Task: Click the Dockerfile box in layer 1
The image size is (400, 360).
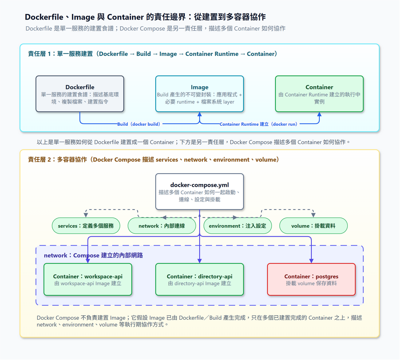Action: pyautogui.click(x=80, y=94)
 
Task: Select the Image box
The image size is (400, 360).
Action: pyautogui.click(x=200, y=94)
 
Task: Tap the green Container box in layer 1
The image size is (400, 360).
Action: pyautogui.click(x=319, y=94)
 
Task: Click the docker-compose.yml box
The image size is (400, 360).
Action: pyautogui.click(x=200, y=192)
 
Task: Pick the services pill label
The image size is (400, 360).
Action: pyautogui.click(x=86, y=225)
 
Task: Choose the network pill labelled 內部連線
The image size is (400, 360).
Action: pyautogui.click(x=162, y=225)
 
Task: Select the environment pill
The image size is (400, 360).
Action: pyautogui.click(x=238, y=225)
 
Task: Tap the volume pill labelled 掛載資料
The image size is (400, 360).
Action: pyautogui.click(x=313, y=225)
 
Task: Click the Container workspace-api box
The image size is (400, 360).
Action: pyautogui.click(x=88, y=279)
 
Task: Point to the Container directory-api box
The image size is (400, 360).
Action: pyautogui.click(x=200, y=279)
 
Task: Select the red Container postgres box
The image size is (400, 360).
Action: pyautogui.click(x=311, y=279)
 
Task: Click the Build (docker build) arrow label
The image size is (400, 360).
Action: pyautogui.click(x=139, y=124)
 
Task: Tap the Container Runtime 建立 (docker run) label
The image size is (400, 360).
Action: pyautogui.click(x=258, y=124)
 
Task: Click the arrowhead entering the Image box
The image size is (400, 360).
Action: pyautogui.click(x=200, y=114)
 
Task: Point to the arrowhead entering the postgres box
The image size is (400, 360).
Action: pyautogui.click(x=311, y=261)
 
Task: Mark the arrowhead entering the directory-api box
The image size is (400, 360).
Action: pyautogui.click(x=200, y=261)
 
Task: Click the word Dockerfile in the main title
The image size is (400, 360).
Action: pyautogui.click(x=44, y=17)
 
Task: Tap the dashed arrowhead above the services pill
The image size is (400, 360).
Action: pyautogui.click(x=86, y=215)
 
